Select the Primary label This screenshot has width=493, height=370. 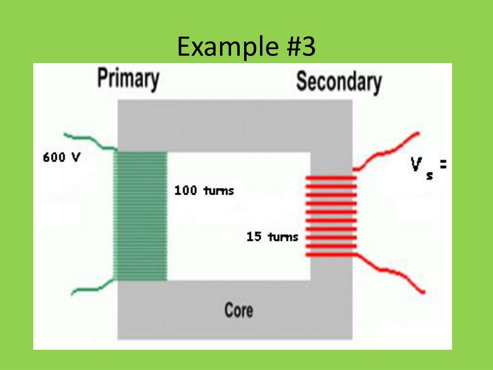[x=128, y=79]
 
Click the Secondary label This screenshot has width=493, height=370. [x=338, y=82]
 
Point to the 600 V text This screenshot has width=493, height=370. [x=61, y=158]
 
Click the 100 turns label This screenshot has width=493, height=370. [x=204, y=191]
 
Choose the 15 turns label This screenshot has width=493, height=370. [x=272, y=237]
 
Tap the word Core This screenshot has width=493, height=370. [x=238, y=310]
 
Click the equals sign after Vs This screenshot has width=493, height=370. [x=443, y=166]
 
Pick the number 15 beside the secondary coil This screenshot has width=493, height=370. [x=253, y=237]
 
